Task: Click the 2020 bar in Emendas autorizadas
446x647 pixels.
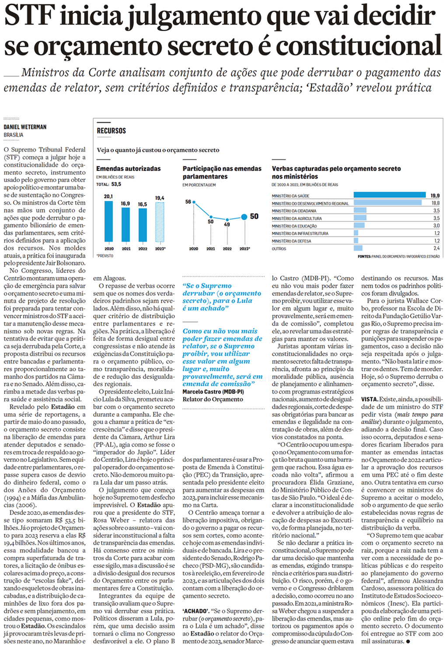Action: (x=109, y=221)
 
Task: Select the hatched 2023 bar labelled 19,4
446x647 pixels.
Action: (x=160, y=222)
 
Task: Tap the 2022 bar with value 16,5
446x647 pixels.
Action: (x=143, y=225)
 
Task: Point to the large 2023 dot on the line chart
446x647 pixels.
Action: (x=244, y=217)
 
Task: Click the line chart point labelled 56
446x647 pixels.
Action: (x=194, y=202)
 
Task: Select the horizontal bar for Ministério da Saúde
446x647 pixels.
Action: (x=389, y=195)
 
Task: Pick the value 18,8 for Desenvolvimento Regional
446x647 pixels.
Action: (x=435, y=203)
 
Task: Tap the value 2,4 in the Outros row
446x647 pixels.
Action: (x=436, y=249)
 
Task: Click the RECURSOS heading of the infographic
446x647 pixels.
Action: (x=111, y=131)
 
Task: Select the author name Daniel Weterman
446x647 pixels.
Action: (x=25, y=127)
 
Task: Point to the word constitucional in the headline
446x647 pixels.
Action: (x=359, y=46)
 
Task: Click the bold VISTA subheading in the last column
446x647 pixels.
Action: (x=369, y=399)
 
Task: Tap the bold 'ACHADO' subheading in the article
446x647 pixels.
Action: (x=195, y=611)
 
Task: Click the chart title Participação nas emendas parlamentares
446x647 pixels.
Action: (x=222, y=172)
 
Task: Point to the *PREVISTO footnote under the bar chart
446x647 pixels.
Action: (x=105, y=256)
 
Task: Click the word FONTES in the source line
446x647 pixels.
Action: (x=364, y=257)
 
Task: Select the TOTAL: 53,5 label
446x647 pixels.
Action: (x=108, y=184)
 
